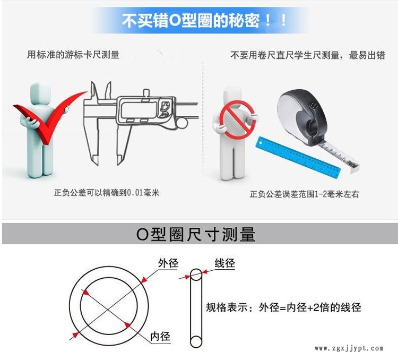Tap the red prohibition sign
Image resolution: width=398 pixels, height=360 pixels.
tap(237, 120)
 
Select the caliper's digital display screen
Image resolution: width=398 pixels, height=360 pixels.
tap(137, 109)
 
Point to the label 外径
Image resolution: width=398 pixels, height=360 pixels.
tap(168, 263)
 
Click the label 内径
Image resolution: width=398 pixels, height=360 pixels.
tap(160, 337)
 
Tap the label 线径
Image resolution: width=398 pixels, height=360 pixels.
tap(224, 263)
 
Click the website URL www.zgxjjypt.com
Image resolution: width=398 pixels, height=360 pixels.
tap(349, 348)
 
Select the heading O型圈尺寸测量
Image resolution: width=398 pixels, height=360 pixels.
tap(196, 234)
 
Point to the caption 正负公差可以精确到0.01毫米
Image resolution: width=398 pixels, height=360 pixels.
tap(107, 193)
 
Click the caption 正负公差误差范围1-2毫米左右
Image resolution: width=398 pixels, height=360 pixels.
tap(305, 194)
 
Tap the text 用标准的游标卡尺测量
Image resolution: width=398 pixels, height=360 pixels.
tap(73, 55)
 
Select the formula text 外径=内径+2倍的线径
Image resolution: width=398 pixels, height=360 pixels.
tap(310, 307)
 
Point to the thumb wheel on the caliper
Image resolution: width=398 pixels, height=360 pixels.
tap(181, 124)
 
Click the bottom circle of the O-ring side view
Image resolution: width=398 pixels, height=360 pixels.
tap(196, 342)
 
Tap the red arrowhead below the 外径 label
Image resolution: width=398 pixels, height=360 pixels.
tap(144, 280)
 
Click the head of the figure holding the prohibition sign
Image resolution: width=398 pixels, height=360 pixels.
tap(232, 95)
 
